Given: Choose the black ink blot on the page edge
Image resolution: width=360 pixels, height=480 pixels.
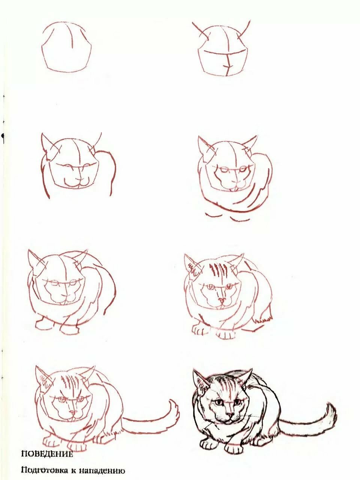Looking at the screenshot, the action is (3, 136).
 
